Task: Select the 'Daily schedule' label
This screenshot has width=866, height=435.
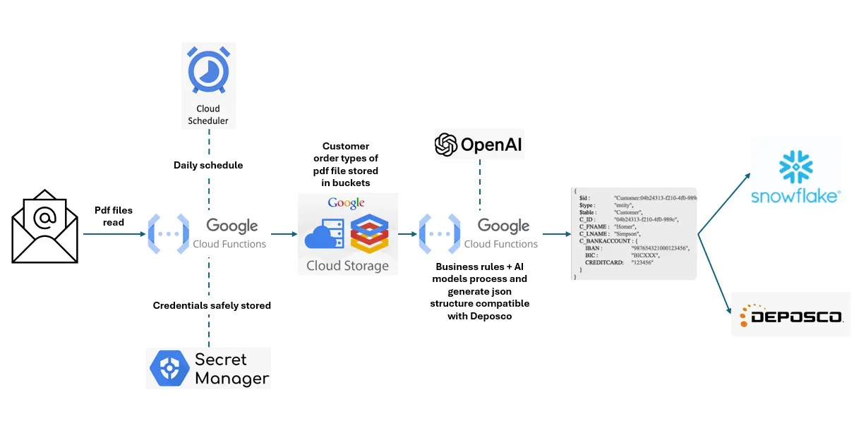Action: (x=208, y=165)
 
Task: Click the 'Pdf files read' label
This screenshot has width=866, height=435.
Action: (x=109, y=216)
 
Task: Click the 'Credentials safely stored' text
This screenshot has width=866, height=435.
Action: (x=212, y=305)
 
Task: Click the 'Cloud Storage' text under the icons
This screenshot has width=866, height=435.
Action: (x=347, y=266)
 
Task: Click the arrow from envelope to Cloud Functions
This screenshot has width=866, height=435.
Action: (x=113, y=234)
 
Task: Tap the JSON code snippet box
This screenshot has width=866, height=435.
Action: (x=633, y=233)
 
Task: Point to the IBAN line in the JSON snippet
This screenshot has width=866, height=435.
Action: (x=635, y=248)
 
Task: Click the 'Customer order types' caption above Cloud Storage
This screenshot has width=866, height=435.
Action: (x=346, y=164)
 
